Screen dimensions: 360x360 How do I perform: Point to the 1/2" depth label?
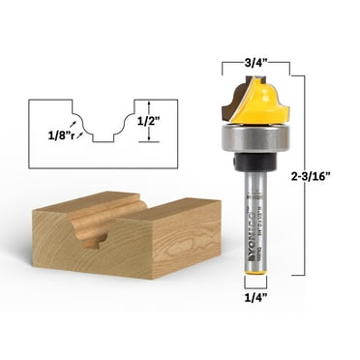[x=169, y=122]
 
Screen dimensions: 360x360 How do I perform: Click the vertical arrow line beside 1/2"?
[x=147, y=122]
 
